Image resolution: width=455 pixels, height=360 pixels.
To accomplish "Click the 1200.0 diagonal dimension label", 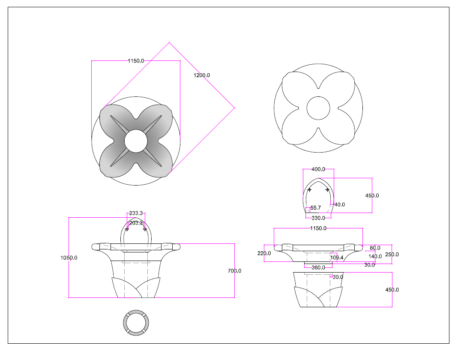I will [x=202, y=75].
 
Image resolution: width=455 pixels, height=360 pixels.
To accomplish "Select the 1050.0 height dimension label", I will [x=69, y=258].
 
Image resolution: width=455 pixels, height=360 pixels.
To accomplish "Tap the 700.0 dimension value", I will [x=235, y=271].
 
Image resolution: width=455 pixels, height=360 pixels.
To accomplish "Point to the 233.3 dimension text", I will [x=136, y=213].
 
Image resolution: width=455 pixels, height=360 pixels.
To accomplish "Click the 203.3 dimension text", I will [x=136, y=223].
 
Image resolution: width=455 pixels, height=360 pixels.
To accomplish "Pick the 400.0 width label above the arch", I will [x=318, y=169].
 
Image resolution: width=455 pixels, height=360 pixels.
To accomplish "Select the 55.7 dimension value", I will [x=315, y=208].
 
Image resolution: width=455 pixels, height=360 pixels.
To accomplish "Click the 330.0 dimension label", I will [x=318, y=218].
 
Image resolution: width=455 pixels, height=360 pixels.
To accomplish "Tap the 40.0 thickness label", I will [x=339, y=204].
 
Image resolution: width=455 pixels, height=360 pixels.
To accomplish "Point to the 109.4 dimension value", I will [x=337, y=258].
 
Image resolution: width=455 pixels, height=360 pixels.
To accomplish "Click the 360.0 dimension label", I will [x=318, y=267].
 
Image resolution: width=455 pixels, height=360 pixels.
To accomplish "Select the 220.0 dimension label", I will [x=264, y=253].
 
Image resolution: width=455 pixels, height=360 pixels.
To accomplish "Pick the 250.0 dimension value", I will [x=392, y=254].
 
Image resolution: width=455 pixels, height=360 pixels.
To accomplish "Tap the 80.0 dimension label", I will [x=375, y=248].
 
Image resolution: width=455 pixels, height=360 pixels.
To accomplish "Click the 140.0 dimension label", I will [x=375, y=256].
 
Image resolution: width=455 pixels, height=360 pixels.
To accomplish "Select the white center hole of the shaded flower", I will [x=136, y=141].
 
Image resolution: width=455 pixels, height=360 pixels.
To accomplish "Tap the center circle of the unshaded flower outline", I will [x=318, y=108].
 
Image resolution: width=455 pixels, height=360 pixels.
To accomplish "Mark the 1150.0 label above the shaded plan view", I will [x=136, y=61].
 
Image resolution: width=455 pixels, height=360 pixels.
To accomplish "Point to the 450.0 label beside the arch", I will [x=372, y=195].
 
